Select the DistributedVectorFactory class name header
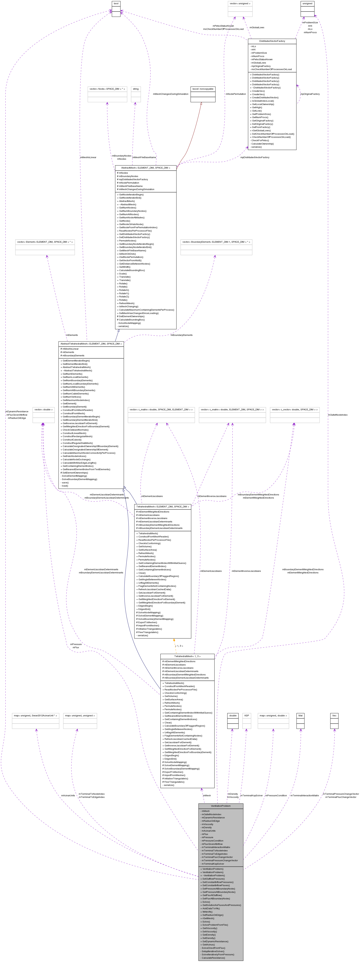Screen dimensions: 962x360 [x=272, y=41]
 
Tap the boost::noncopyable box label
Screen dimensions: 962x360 [x=203, y=89]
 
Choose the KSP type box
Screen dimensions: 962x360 [x=246, y=715]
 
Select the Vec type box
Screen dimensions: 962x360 [x=334, y=715]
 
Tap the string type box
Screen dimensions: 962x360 [x=136, y=89]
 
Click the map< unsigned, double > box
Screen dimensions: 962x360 [x=273, y=715]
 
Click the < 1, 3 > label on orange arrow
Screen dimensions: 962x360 [x=179, y=646]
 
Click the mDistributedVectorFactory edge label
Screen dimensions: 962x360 [x=255, y=157]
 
